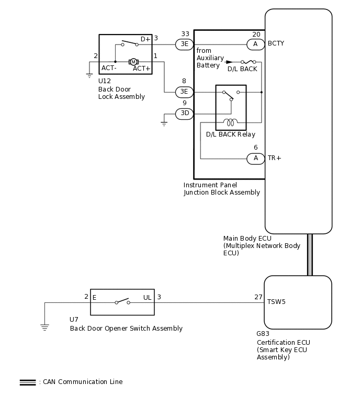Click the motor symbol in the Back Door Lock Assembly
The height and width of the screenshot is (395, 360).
coord(133,62)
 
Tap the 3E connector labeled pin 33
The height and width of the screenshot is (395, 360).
coord(184,44)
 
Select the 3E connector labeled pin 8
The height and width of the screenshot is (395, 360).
coord(184,92)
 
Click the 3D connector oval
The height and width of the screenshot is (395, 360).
coord(184,114)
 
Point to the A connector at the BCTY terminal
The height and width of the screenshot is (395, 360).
coord(255,44)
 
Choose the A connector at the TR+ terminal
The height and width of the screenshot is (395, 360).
coord(255,159)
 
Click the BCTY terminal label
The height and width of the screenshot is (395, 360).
coord(276,43)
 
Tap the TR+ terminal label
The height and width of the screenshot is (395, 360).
coord(274,158)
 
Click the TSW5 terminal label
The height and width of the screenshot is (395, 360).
coord(276,302)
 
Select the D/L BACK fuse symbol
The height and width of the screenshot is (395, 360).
coord(248,62)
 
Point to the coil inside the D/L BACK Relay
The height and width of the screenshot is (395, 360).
coord(230,122)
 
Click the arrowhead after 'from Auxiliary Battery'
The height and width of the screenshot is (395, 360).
coord(229,62)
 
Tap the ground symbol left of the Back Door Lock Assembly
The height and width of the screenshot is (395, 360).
coord(89,75)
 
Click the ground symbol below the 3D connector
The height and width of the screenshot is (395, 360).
coord(164,123)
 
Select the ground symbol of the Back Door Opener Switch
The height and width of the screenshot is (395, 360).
coord(44,328)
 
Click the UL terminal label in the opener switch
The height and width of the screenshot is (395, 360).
coord(147,298)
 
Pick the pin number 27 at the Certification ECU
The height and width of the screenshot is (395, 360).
coord(258,297)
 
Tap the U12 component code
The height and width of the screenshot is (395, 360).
coord(105,81)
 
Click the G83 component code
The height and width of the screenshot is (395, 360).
coord(263,334)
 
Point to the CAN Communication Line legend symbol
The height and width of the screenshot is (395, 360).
coord(28,382)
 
